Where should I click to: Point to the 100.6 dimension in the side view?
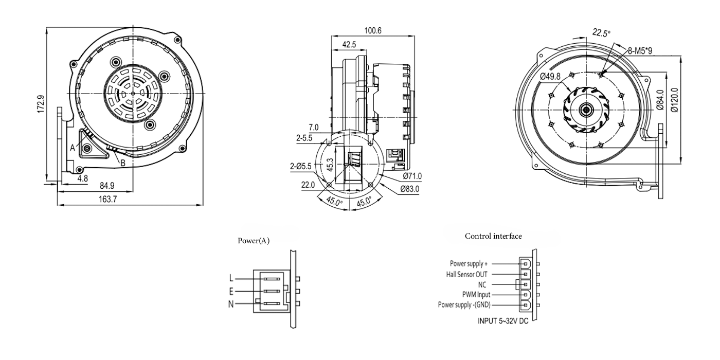tap(372, 30)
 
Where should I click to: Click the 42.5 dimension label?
tap(349, 45)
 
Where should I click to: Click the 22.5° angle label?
tap(601, 33)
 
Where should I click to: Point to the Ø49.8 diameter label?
tap(550, 77)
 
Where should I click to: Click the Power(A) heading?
tap(254, 241)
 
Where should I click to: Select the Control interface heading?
tap(493, 236)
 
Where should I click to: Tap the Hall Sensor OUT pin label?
tap(466, 274)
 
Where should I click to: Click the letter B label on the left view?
tap(122, 163)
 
